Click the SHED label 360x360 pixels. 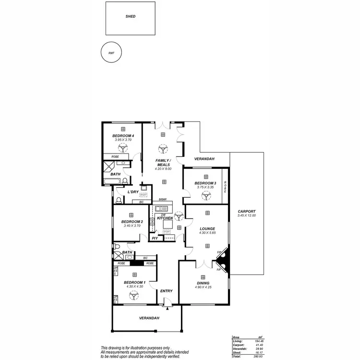pyautogui.click(x=130, y=16)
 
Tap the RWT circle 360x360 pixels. pyautogui.click(x=111, y=53)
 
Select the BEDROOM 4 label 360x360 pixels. pyautogui.click(x=122, y=136)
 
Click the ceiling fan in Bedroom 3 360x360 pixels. pyautogui.click(x=205, y=195)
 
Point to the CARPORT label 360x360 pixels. pyautogui.click(x=247, y=211)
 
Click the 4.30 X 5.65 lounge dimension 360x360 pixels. pyautogui.click(x=207, y=233)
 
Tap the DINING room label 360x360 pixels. pyautogui.click(x=204, y=283)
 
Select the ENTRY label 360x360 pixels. pyautogui.click(x=166, y=291)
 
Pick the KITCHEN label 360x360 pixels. pyautogui.click(x=165, y=218)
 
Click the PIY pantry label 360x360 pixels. pyautogui.click(x=155, y=238)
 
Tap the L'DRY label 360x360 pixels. pyautogui.click(x=133, y=192)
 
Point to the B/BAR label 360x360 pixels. pyautogui.click(x=162, y=200)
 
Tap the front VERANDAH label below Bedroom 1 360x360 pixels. pyautogui.click(x=149, y=318)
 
